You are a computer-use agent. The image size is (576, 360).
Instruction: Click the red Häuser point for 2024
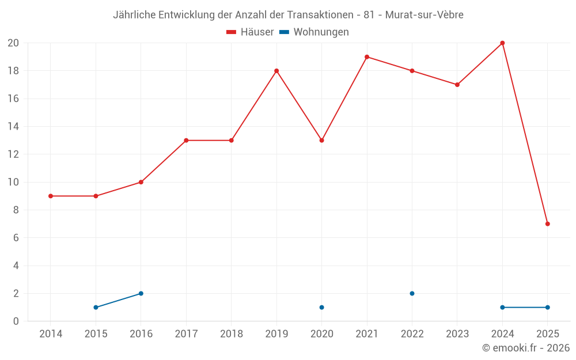tap(502, 43)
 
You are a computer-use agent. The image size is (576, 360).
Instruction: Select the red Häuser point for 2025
tap(547, 224)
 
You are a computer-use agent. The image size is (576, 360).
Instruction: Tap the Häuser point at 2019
tap(276, 71)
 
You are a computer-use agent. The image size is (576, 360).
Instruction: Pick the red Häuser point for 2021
tap(367, 57)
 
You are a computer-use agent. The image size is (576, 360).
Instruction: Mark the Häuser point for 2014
tap(51, 196)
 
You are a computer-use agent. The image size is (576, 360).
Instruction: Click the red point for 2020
tap(321, 141)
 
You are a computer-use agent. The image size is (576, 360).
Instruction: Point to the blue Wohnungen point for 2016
tap(141, 294)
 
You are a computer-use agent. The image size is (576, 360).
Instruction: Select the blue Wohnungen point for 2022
tap(412, 294)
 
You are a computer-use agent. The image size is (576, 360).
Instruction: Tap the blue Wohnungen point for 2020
tap(321, 308)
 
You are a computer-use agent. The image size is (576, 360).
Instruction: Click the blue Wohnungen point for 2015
tap(96, 308)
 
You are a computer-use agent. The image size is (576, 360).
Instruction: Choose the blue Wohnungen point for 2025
tap(547, 308)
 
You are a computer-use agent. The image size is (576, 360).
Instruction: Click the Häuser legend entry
tap(250, 32)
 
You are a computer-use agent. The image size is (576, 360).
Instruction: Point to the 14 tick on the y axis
tap(13, 127)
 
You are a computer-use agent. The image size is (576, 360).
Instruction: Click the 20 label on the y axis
tap(13, 43)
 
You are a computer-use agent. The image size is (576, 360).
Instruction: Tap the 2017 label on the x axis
tap(186, 334)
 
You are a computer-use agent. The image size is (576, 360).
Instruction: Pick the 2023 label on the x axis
tap(457, 334)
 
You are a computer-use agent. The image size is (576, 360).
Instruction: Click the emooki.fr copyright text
tap(526, 348)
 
